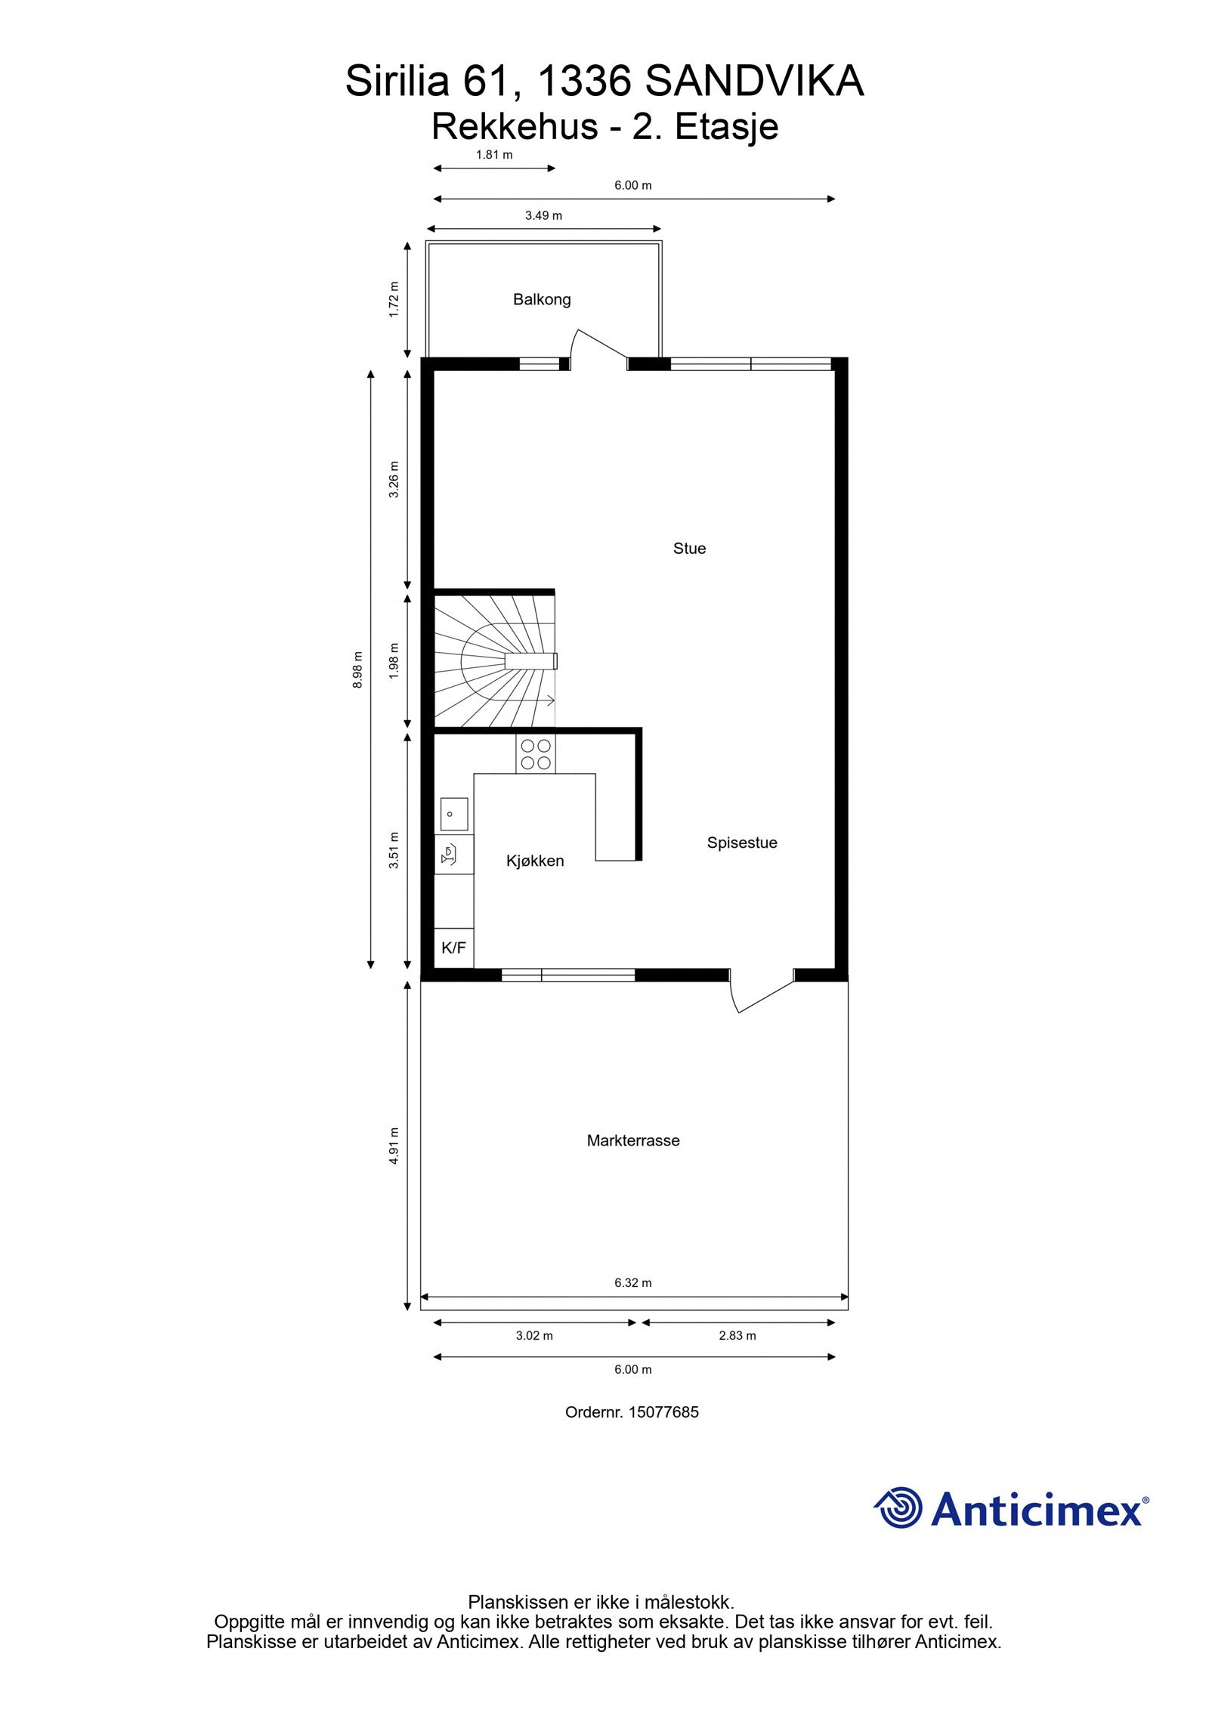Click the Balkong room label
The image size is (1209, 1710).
coord(541,299)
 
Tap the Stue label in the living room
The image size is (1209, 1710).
coord(688,549)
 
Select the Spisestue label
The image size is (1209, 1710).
coord(741,843)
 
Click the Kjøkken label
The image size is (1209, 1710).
coord(534,861)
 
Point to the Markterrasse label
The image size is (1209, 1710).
coord(632,1140)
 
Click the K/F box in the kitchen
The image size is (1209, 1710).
coord(453,948)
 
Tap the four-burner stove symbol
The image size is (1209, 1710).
coord(535,753)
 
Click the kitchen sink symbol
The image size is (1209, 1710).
coord(453,815)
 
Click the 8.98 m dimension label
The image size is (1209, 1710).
coord(357,669)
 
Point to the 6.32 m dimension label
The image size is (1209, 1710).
coord(632,1282)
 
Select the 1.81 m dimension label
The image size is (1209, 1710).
coord(494,155)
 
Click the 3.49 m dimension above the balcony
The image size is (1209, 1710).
coord(543,215)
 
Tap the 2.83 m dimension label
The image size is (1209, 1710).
coord(737,1335)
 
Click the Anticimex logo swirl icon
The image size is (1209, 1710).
coord(899,1508)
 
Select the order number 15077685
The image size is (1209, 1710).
coord(663,1412)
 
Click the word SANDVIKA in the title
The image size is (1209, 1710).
coord(753,82)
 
